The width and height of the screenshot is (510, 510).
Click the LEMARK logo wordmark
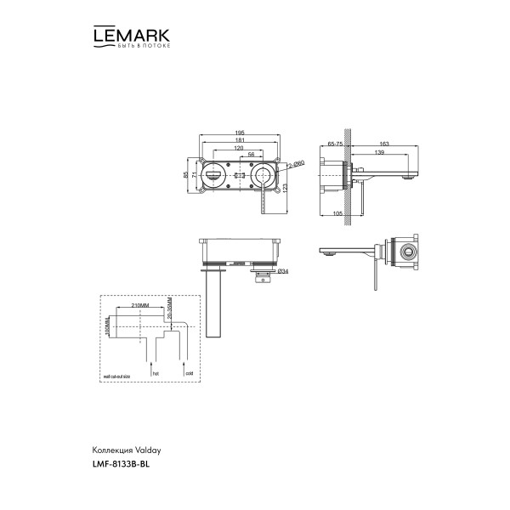pyautogui.click(x=130, y=36)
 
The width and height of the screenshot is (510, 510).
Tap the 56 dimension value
pyautogui.click(x=252, y=156)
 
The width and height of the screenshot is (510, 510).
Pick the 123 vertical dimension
pyautogui.click(x=285, y=187)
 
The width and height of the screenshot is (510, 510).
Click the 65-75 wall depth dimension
pyautogui.click(x=334, y=144)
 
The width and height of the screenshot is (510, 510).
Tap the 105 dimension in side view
pyautogui.click(x=338, y=213)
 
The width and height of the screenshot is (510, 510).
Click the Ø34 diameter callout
pyautogui.click(x=283, y=271)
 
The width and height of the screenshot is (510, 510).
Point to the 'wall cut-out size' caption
pyautogui.click(x=120, y=374)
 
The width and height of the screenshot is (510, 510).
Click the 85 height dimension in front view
pyautogui.click(x=185, y=174)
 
